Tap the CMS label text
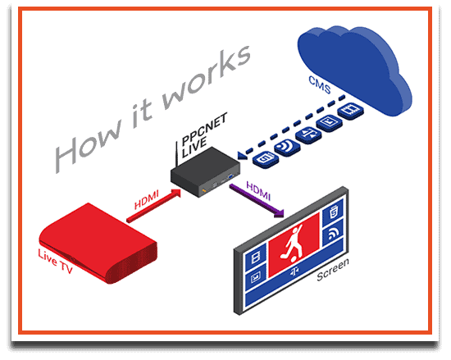click(320, 84)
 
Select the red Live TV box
click(98, 243)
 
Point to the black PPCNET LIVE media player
click(205, 172)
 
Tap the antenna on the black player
click(176, 154)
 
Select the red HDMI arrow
click(154, 205)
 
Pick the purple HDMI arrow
click(257, 200)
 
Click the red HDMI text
click(147, 199)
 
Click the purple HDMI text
click(258, 191)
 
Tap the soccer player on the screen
click(294, 244)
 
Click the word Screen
click(333, 270)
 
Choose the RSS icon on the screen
click(334, 234)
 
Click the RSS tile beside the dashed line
click(287, 147)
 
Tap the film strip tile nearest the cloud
click(351, 111)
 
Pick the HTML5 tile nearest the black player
click(266, 159)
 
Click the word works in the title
click(207, 77)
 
